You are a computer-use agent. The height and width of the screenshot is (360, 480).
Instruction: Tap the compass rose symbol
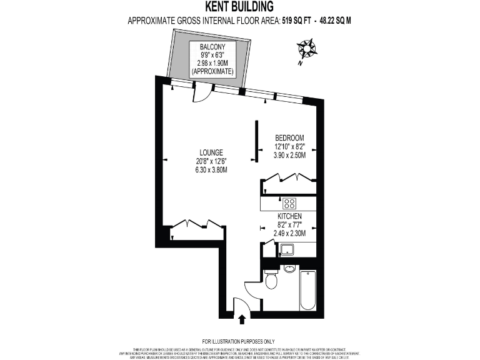point(306,49)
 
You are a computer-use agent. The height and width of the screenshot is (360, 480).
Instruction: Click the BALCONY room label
point(212,47)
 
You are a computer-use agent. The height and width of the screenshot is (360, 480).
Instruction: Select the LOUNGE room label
point(211,152)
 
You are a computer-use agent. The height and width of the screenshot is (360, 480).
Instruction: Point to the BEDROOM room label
point(289,137)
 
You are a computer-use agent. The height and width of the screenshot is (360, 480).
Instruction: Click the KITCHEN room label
point(289,215)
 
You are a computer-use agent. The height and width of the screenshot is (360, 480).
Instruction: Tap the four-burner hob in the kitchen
point(289,202)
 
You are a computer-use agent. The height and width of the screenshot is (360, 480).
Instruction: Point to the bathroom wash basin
point(289,269)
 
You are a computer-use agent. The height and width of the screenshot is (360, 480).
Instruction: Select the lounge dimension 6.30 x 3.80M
point(211,169)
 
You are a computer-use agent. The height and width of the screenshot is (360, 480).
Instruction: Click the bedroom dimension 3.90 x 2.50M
point(289,155)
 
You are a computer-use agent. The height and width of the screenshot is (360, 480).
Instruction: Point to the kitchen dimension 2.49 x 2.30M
point(289,233)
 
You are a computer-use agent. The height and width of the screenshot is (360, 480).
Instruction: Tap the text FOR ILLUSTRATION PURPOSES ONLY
point(239,341)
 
